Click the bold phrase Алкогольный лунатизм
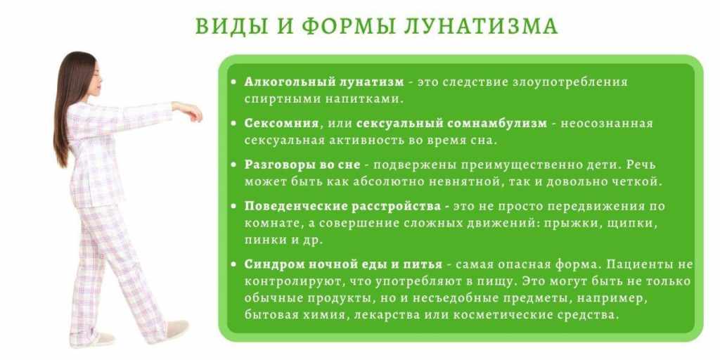[324, 83]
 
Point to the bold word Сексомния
[281, 124]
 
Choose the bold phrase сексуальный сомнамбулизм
[452, 124]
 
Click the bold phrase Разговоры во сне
[302, 165]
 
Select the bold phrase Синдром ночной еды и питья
[343, 265]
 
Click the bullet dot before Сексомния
[234, 124]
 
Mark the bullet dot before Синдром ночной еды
[234, 265]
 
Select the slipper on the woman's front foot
[177, 329]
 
